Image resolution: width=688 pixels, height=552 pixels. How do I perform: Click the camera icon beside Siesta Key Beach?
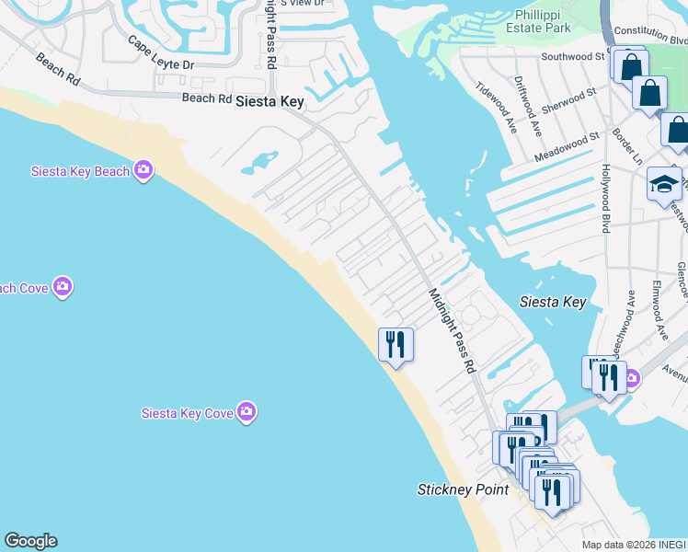point(143,169)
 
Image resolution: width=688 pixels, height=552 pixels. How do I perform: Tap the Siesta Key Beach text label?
point(80,171)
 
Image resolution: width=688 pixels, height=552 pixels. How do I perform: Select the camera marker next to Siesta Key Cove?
point(246,412)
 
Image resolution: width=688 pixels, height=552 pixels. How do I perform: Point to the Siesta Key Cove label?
point(187,413)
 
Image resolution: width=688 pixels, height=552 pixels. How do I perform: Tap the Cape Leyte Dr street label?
point(161,54)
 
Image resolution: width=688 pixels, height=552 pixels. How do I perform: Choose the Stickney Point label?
point(463,489)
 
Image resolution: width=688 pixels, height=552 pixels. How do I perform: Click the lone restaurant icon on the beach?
point(396,345)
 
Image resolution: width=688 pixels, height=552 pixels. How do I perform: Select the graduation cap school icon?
point(664,185)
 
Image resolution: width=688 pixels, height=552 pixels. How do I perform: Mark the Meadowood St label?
point(567,148)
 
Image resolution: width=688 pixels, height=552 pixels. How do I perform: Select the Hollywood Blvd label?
point(606,198)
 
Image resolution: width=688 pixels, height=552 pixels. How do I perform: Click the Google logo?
point(30,541)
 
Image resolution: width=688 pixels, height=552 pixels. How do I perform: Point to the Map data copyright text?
point(634,545)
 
